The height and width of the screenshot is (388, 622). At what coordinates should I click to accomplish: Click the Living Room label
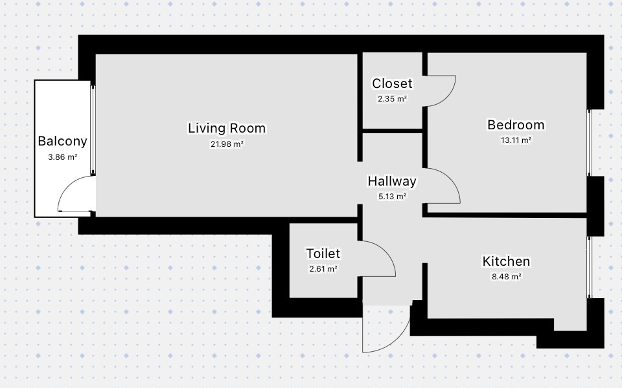(x=227, y=128)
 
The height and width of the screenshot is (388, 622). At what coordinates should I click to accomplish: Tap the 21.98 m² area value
(x=227, y=144)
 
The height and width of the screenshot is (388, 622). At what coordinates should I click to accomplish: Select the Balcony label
(x=62, y=142)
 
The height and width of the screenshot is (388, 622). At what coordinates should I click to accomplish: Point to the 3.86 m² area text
(x=62, y=156)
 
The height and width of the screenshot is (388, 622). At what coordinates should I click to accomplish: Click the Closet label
(x=392, y=83)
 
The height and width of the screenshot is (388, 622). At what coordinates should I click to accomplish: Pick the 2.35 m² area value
(x=392, y=99)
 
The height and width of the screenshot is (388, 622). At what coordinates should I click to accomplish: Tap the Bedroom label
(x=516, y=125)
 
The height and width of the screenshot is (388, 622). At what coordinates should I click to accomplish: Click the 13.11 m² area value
(x=516, y=140)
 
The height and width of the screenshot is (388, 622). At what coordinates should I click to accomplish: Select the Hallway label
(x=392, y=181)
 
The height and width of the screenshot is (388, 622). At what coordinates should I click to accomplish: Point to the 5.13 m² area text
(x=392, y=197)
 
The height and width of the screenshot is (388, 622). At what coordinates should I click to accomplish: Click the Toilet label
(x=323, y=253)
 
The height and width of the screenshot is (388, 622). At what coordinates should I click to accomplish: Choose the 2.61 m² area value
(x=323, y=269)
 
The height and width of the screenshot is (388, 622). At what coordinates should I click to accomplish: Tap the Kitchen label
(x=506, y=261)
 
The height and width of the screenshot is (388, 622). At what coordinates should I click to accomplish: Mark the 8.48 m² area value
(x=506, y=277)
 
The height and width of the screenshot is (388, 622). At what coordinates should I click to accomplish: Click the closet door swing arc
(x=451, y=95)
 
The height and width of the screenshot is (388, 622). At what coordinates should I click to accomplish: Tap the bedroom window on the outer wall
(x=590, y=142)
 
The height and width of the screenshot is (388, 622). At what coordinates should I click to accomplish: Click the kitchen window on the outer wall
(x=590, y=267)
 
